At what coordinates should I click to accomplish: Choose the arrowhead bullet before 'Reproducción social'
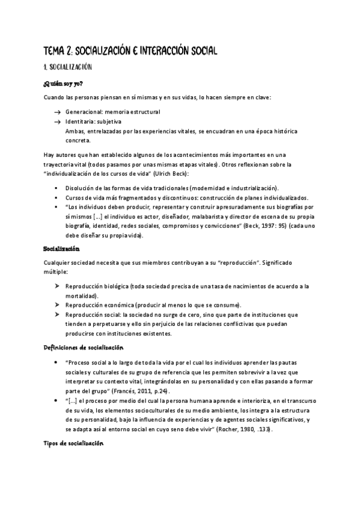(x=56, y=315)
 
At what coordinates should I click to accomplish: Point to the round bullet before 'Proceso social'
(x=56, y=363)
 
